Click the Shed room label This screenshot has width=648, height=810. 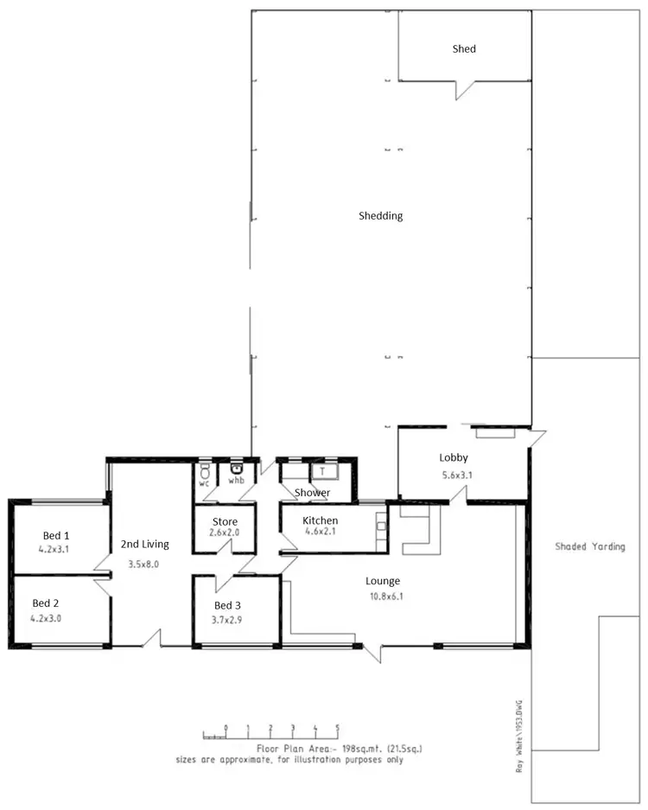464,49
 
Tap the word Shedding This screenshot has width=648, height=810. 381,216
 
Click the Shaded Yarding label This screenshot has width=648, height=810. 590,546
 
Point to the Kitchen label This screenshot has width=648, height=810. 320,520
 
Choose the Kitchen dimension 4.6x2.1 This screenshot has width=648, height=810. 320,533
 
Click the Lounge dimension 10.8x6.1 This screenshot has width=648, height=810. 383,596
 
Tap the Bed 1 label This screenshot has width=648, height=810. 50,536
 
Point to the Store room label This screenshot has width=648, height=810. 224,521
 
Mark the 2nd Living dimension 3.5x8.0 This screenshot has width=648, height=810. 144,563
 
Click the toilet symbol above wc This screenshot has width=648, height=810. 205,471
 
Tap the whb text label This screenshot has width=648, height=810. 236,481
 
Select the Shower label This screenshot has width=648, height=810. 312,493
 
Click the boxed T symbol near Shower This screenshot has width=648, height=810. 323,471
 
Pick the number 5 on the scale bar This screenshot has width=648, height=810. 337,727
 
